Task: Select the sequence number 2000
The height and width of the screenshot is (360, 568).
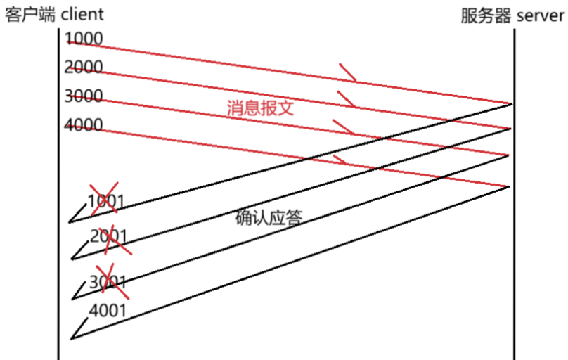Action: pos(83,67)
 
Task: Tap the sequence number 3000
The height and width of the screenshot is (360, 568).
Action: pos(83,96)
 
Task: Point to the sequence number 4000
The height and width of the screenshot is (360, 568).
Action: pos(83,126)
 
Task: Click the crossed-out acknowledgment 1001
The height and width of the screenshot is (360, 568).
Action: pos(105,202)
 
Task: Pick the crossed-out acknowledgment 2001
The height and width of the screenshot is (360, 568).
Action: pos(110,236)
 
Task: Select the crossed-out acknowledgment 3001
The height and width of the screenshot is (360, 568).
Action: pos(110,282)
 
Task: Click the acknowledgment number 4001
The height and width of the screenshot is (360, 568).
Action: pos(108,310)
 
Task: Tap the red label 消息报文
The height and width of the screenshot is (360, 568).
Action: pos(259,108)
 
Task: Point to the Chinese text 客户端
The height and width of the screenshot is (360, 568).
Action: pos(27,15)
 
